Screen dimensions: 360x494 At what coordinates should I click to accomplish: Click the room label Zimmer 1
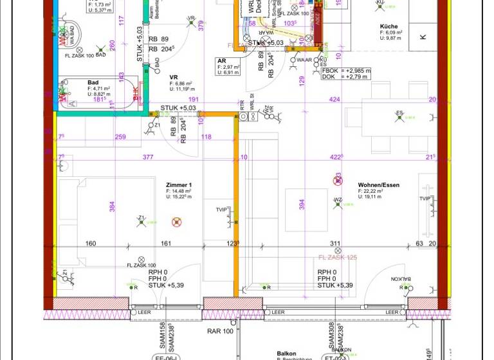pos(179,185)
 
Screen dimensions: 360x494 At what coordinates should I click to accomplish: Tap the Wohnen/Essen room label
pos(378,185)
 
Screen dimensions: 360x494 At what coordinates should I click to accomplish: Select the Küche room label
pos(389,27)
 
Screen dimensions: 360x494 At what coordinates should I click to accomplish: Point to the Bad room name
pos(93,83)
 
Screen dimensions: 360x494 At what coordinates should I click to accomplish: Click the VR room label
pos(174,78)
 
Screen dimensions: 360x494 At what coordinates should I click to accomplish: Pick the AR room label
pos(221,61)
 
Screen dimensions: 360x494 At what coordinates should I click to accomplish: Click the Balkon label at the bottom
pos(286,354)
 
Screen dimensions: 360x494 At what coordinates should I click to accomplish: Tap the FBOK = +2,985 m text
pos(345,71)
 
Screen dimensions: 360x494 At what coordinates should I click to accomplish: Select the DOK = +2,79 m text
pos(344,77)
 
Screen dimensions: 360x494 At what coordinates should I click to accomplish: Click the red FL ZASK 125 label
pos(338,258)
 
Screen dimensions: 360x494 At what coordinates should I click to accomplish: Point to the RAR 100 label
pos(220,331)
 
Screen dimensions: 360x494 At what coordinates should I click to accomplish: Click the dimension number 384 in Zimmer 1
pos(111,206)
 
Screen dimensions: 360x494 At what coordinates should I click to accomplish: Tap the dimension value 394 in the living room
pos(302,204)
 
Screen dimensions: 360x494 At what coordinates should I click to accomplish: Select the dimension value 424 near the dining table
pos(334,100)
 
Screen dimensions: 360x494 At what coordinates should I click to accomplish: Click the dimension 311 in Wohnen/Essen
pos(335,244)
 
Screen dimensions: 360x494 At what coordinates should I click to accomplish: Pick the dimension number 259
pos(120,137)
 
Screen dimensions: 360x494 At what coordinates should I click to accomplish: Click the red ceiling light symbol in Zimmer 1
pos(176,222)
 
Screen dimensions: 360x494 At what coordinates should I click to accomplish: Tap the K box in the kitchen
pos(423,37)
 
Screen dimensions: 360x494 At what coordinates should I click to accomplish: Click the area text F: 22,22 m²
pos(373,192)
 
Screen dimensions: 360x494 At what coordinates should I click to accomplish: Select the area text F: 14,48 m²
pos(178,192)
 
